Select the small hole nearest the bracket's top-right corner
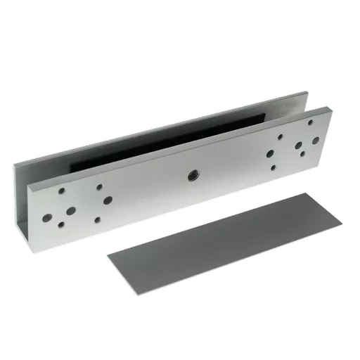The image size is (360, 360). tap(310, 122)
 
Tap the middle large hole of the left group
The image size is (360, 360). tap(71, 209)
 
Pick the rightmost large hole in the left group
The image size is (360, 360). tap(107, 200)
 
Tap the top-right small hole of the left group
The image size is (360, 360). tap(98, 187)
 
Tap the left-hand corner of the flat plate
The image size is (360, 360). tap(108, 256)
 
